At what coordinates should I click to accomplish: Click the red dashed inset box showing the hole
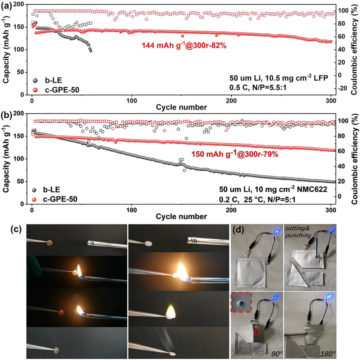[240, 302]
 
